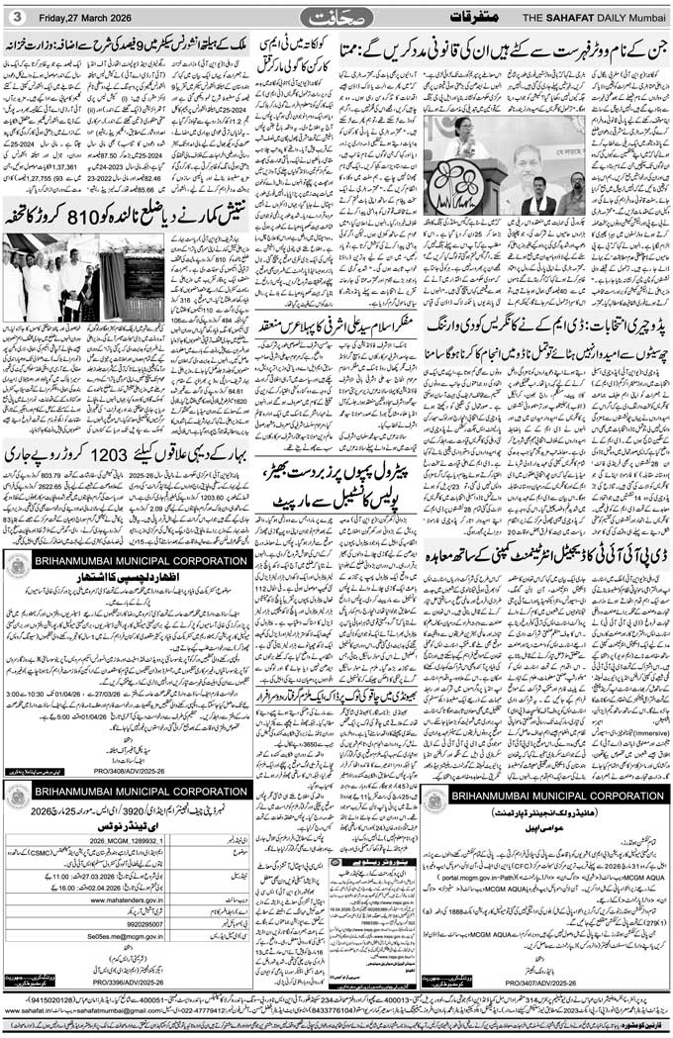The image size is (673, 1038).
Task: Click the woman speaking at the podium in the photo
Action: tap(463, 142)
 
